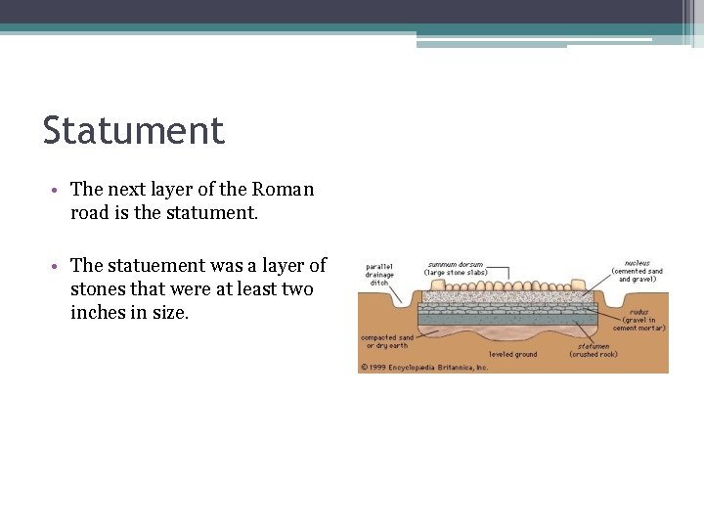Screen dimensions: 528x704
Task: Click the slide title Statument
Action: tap(134, 130)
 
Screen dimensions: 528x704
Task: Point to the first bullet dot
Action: tap(60, 190)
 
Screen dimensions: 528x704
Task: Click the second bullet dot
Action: tap(60, 266)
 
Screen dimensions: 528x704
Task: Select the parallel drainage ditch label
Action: tap(381, 274)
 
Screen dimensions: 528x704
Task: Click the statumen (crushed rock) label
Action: tap(594, 348)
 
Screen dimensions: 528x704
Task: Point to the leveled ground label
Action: tap(512, 354)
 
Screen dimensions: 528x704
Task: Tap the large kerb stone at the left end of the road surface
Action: tap(426, 286)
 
